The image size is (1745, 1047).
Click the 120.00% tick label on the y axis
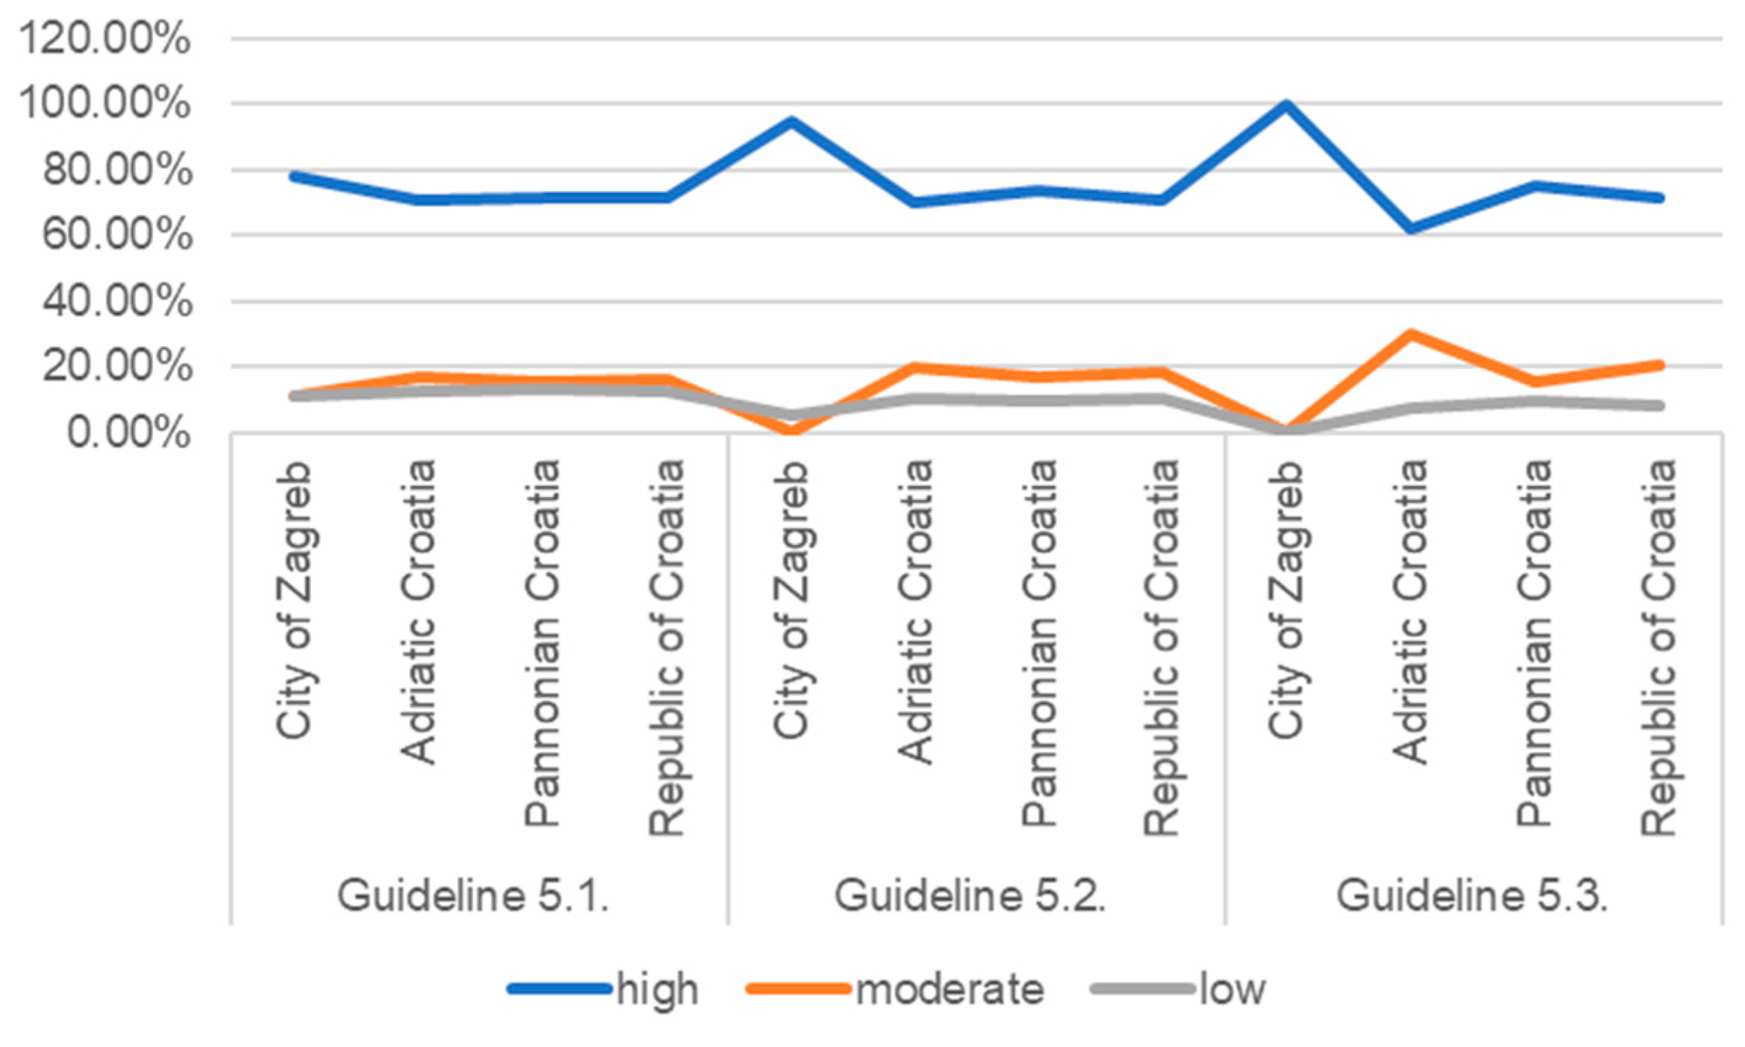pyautogui.click(x=104, y=38)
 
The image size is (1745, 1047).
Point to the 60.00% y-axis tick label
pyautogui.click(x=116, y=234)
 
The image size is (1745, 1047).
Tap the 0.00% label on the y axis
pyautogui.click(x=128, y=432)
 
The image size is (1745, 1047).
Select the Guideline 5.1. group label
pyautogui.click(x=473, y=896)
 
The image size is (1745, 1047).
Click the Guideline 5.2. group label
pyautogui.click(x=970, y=896)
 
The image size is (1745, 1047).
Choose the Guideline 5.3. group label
pyautogui.click(x=1472, y=896)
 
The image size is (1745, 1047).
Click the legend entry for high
pyautogui.click(x=657, y=989)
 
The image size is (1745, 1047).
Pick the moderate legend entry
pyautogui.click(x=949, y=989)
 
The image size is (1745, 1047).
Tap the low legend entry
pyautogui.click(x=1233, y=989)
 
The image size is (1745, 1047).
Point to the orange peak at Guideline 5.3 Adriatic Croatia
pyautogui.click(x=1410, y=334)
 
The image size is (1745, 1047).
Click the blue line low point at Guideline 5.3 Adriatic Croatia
pyautogui.click(x=1410, y=229)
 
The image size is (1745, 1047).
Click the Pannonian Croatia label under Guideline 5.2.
pyautogui.click(x=1039, y=642)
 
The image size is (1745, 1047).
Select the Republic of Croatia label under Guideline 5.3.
pyautogui.click(x=1659, y=647)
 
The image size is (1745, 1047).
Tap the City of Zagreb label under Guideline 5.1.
pyautogui.click(x=294, y=600)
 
